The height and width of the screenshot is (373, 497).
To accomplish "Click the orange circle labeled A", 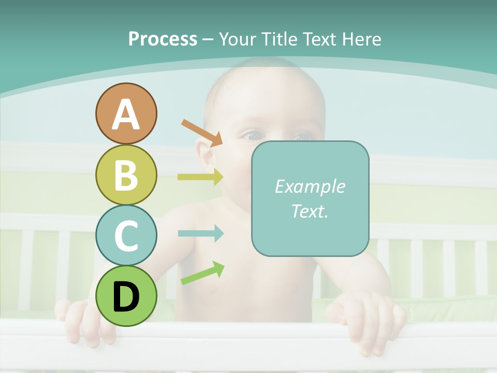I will click(126, 113).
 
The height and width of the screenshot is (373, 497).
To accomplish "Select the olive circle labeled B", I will click(126, 175).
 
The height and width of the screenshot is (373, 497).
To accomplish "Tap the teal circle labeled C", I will click(126, 235).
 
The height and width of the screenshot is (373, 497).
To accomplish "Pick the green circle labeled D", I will click(126, 296).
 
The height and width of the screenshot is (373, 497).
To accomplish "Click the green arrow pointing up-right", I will click(202, 274).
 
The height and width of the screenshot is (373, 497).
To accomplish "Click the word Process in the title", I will click(163, 39).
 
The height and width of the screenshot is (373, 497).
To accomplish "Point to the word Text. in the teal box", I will click(310, 211).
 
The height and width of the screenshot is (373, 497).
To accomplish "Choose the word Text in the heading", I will click(316, 39).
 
